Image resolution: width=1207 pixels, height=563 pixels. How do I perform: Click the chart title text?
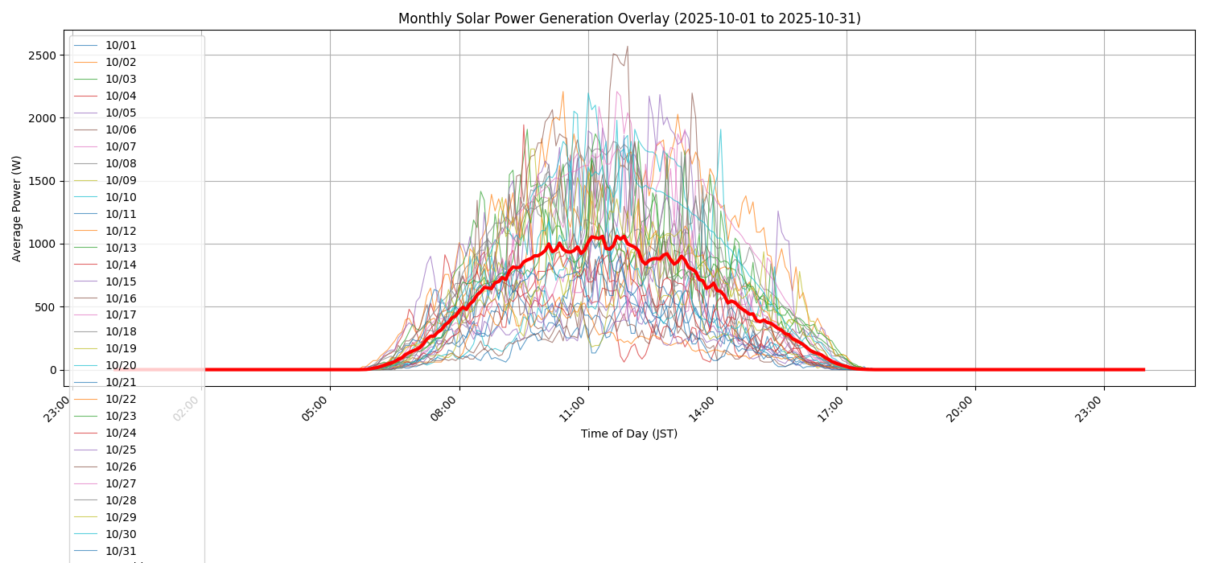629,18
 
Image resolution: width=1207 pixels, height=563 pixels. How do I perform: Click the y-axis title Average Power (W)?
17,208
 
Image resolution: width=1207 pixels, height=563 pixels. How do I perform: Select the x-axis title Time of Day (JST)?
629,434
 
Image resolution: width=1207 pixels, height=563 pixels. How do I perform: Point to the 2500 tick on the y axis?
41,55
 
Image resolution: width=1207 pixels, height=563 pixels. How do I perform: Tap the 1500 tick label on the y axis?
41,181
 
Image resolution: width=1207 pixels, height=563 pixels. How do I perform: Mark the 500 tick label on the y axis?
44,307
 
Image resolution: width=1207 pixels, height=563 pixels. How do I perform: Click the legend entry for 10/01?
121,46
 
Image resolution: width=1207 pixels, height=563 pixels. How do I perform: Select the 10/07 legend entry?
121,147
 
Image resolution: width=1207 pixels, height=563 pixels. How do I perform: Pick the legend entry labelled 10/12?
121,231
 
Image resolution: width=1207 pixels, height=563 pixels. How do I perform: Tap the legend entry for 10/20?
121,366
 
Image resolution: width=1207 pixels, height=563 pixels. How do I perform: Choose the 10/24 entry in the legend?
121,433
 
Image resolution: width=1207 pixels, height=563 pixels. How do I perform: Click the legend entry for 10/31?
121,551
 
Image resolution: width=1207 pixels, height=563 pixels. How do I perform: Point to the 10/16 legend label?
121,298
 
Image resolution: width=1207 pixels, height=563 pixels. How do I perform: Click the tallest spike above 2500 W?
627,47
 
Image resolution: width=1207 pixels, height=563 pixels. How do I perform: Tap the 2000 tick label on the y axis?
41,118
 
